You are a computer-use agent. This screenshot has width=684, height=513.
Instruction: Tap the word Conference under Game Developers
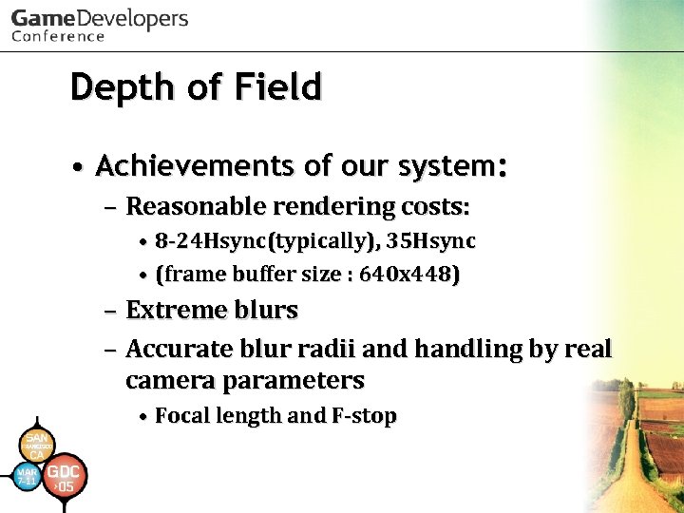(58, 37)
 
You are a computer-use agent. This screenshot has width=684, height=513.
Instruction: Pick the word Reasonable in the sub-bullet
(197, 206)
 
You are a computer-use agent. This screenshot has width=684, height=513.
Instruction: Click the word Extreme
(174, 311)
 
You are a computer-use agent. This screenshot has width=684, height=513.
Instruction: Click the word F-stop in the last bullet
(364, 416)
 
